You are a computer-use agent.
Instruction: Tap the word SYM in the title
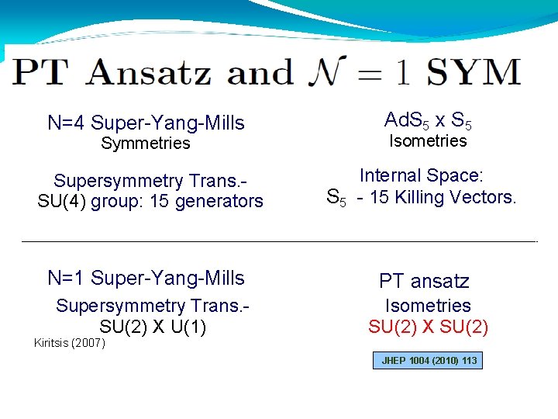point(474,73)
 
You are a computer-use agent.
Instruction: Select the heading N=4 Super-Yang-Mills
point(146,123)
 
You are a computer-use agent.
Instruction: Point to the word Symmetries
point(146,143)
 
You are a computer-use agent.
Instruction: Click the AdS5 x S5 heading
point(428,120)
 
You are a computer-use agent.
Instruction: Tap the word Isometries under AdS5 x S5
point(428,140)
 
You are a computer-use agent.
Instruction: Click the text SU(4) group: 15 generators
point(150,201)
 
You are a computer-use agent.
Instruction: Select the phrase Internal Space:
point(422,176)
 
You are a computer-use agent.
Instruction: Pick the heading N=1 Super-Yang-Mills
point(146,278)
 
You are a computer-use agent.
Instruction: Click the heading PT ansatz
point(424,281)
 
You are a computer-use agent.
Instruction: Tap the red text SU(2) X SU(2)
point(428,327)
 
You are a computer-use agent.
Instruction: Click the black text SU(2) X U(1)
point(153,327)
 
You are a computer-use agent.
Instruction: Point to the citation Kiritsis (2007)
point(70,343)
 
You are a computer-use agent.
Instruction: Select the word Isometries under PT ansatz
point(428,306)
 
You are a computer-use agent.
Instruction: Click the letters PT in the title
point(41,73)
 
